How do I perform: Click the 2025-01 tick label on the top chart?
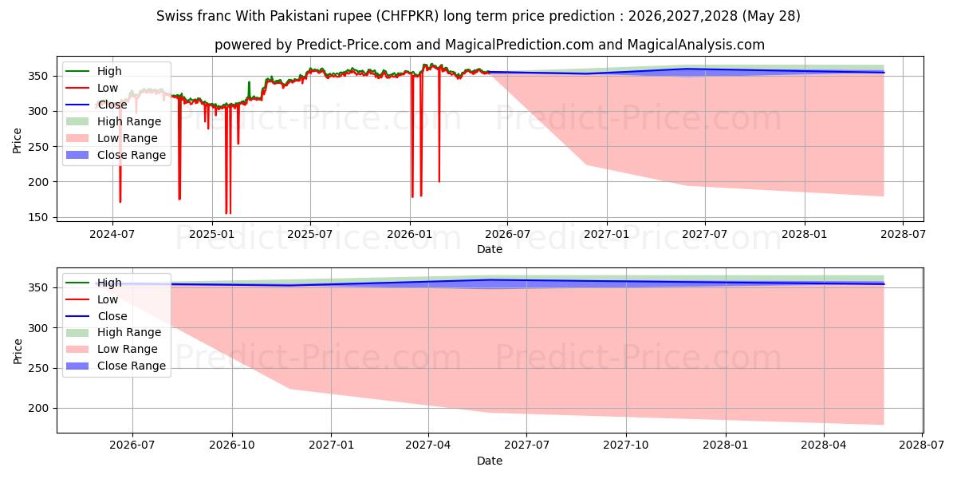212,235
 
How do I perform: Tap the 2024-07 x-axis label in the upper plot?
112,235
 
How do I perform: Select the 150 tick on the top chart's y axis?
38,218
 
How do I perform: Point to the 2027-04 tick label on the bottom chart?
428,445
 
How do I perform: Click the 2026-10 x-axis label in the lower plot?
232,445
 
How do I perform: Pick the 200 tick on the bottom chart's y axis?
38,409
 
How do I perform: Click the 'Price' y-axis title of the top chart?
17,141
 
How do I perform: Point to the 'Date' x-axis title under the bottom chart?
490,461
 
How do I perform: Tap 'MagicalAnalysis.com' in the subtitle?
696,45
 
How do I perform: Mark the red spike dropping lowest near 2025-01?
226,159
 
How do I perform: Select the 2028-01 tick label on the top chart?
805,235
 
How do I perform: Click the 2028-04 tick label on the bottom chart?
824,445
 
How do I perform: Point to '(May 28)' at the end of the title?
771,16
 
